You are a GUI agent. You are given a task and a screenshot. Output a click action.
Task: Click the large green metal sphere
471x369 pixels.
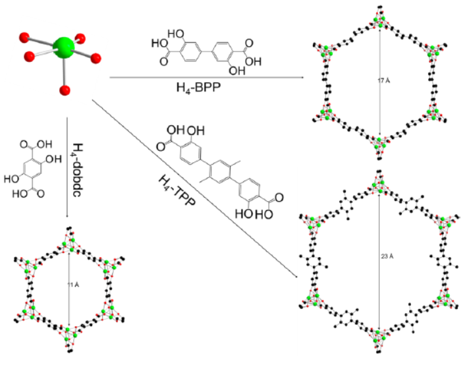pyautogui.click(x=64, y=47)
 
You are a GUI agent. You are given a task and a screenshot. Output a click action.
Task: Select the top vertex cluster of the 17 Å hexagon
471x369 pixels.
pyautogui.click(x=380, y=20)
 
